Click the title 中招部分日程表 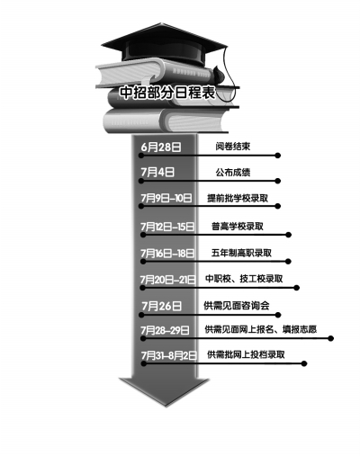(167, 93)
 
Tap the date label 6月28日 (161, 148)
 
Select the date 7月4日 (157, 173)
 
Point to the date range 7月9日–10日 (166, 198)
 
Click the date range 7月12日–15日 (167, 227)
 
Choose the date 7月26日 (162, 306)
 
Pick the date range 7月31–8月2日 (169, 355)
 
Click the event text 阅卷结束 (232, 147)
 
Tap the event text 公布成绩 (233, 173)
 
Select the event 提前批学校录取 (238, 198)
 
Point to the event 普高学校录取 (238, 226)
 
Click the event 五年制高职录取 (241, 253)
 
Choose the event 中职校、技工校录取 (244, 279)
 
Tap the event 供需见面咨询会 (237, 306)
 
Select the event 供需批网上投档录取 (246, 354)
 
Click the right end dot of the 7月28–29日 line (330, 338)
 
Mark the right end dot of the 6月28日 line (278, 156)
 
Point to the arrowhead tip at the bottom (166, 407)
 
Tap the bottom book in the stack (165, 121)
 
